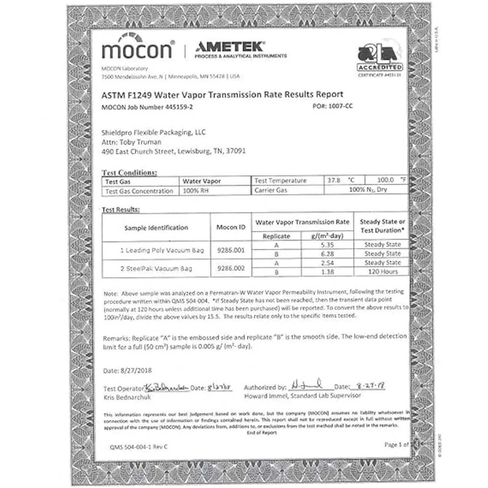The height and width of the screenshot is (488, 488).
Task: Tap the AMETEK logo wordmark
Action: [x=230, y=46]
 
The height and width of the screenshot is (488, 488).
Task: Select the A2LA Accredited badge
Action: [x=380, y=61]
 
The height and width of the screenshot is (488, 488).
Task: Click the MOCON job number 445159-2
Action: [x=179, y=107]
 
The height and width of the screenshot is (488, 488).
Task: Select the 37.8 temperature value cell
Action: [x=333, y=180]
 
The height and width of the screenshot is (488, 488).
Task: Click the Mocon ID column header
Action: [x=231, y=227]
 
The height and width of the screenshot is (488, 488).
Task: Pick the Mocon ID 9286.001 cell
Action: [x=231, y=250]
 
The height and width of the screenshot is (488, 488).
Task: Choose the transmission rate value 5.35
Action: [x=327, y=245]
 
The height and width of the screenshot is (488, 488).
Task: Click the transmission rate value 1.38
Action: [x=327, y=272]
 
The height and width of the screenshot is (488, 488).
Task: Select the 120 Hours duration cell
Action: [x=382, y=272]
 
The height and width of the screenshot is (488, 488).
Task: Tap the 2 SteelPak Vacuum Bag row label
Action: [x=156, y=268]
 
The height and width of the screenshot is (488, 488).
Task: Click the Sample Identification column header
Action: [x=156, y=228]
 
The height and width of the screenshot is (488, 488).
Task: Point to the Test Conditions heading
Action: [x=129, y=172]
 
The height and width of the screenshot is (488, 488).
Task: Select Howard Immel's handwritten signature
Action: [x=307, y=384]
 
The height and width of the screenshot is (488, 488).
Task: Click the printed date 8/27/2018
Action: [x=136, y=370]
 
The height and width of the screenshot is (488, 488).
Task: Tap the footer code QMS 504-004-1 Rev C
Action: [x=138, y=447]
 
